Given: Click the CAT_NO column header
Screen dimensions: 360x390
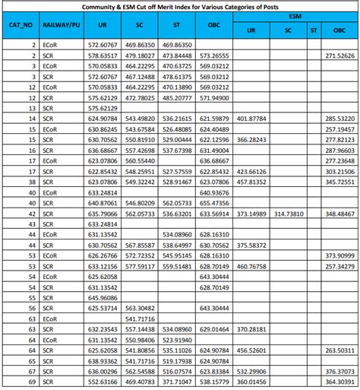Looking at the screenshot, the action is point(21,25).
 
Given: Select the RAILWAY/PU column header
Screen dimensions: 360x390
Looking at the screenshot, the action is point(62,25).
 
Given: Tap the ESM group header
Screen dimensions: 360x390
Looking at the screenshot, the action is point(294,16).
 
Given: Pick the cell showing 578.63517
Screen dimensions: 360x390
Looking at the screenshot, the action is point(102,55).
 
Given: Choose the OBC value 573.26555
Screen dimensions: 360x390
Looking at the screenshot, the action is point(214,55).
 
